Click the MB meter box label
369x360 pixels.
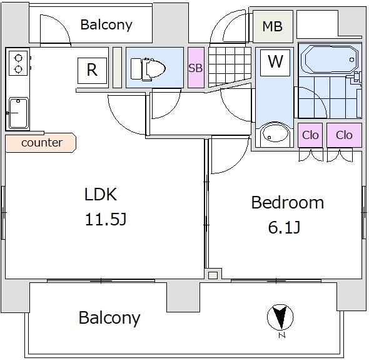coord(272,26)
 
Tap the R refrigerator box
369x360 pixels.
coord(92,71)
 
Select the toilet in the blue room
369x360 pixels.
coord(148,69)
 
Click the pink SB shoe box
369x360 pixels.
coord(196,68)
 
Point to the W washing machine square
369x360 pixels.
coord(275,63)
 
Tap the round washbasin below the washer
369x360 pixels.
coord(275,132)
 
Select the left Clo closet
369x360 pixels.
coord(310,135)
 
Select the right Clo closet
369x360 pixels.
coord(344,135)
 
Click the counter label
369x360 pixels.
coord(42,143)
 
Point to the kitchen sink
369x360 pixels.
coord(18,113)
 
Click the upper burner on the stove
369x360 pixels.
coord(18,58)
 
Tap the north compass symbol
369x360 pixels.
coord(281,317)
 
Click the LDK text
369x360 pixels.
coord(101,194)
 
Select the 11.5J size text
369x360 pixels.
coord(106,219)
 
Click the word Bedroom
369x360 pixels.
coord(288,202)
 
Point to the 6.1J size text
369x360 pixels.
coord(284,227)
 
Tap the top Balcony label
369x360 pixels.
coord(106,25)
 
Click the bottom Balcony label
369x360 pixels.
coord(109,318)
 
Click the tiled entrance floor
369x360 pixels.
coord(230,66)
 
